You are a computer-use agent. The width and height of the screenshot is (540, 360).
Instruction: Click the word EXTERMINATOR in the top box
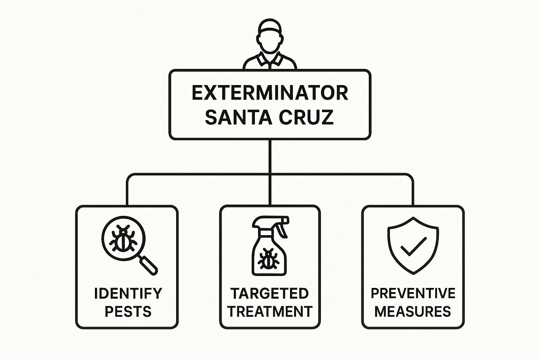pos(270,93)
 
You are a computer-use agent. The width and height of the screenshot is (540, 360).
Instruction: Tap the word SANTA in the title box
pos(237,117)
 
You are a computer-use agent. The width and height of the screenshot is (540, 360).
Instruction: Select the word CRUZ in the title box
pos(307,117)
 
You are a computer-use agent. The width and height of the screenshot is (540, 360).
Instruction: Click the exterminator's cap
pos(270,26)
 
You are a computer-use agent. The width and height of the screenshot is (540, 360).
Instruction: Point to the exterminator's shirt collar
pos(270,59)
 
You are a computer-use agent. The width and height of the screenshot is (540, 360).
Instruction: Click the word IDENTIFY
pos(128,294)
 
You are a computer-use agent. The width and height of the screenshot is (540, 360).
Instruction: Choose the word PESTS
pos(128,311)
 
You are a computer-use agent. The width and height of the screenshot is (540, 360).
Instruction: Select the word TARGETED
pos(270,294)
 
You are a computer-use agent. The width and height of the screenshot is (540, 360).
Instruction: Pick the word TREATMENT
pos(270,311)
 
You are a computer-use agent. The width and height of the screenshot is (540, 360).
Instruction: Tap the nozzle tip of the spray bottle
pos(287,220)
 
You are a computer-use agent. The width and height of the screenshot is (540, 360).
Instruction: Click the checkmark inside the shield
pos(413,246)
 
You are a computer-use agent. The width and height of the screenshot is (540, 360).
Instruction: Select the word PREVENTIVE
pos(413,294)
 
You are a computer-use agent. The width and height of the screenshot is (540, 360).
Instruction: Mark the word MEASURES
pos(413,311)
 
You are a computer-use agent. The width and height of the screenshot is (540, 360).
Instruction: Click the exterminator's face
pos(270,42)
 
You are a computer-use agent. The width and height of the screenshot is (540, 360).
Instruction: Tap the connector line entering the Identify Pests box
pos(127,191)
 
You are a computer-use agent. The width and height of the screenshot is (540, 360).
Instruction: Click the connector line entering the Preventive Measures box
pos(413,191)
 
